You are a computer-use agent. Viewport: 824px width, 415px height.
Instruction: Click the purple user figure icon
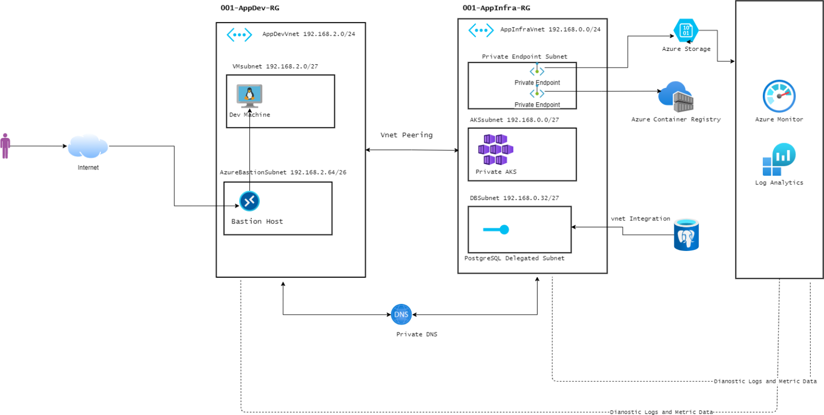click(5, 146)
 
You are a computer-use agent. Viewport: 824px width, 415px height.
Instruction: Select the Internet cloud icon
click(88, 146)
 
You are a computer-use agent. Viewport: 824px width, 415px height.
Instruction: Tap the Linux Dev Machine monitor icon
click(249, 96)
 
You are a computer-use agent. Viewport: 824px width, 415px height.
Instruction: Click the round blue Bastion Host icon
click(249, 201)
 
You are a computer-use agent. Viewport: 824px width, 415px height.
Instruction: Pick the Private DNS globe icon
click(401, 314)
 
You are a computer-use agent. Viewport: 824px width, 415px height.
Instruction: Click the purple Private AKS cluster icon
click(496, 150)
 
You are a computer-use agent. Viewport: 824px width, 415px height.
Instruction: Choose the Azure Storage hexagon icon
click(686, 30)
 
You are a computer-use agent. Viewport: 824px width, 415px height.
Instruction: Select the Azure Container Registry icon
click(676, 97)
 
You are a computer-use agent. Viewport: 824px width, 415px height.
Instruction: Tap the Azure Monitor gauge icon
click(779, 96)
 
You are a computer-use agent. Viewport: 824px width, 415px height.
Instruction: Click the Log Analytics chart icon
click(779, 160)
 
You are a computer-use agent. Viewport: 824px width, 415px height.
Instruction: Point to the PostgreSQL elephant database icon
click(686, 235)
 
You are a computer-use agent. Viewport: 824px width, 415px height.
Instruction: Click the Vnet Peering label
click(407, 135)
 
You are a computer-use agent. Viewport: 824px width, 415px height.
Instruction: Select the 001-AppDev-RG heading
click(250, 8)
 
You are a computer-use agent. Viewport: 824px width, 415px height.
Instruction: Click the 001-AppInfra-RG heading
click(496, 8)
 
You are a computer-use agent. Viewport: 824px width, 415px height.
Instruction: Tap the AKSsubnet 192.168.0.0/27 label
click(514, 120)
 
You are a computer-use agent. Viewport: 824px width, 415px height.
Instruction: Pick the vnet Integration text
click(641, 219)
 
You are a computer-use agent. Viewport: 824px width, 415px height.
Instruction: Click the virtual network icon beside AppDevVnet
click(239, 35)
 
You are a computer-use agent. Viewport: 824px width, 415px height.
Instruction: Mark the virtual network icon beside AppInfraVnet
click(481, 30)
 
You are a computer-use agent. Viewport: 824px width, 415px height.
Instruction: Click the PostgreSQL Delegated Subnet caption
click(514, 258)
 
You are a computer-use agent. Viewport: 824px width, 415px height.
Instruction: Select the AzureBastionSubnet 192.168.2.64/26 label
click(283, 173)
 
